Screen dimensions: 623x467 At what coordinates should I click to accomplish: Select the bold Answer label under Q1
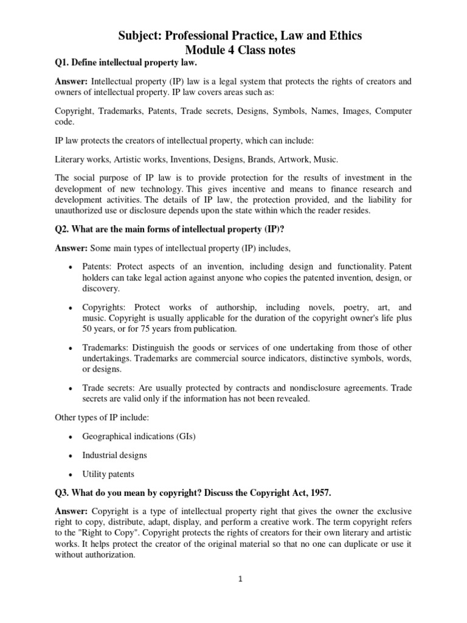72,82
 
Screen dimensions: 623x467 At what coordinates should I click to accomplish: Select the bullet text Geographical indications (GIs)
140,436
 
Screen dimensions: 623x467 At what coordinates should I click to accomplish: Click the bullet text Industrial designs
115,455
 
